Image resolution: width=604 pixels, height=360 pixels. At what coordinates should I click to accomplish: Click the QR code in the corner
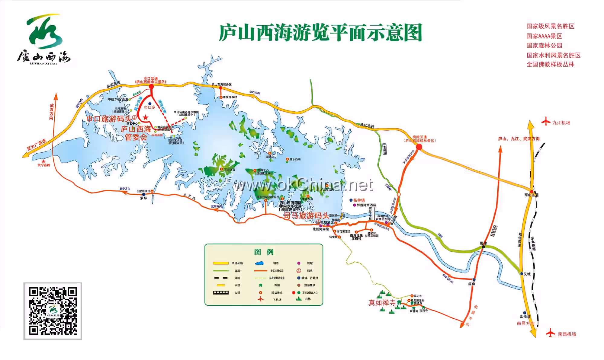point(53,311)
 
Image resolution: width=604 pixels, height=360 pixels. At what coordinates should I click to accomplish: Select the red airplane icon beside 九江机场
point(546,122)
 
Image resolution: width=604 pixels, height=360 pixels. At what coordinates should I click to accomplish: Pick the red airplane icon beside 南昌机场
point(551,333)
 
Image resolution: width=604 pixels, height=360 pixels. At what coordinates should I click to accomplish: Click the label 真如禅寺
point(382,303)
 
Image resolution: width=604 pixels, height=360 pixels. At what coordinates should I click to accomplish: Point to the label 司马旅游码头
point(306,215)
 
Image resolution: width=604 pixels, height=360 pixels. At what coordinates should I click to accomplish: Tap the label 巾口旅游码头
point(109,119)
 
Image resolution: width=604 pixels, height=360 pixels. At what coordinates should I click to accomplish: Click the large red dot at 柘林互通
point(419,147)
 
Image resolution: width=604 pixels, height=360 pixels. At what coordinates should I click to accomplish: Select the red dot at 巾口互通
point(151,87)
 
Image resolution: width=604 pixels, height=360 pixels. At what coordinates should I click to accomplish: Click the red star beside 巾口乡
point(146,117)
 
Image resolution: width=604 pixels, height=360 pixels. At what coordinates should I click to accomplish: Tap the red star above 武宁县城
point(43,161)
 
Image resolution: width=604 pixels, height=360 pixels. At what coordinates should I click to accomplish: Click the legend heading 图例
point(264,252)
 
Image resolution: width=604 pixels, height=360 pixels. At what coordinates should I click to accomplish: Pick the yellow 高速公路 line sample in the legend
point(221,263)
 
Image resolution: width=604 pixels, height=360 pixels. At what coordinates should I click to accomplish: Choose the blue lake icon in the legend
point(259,263)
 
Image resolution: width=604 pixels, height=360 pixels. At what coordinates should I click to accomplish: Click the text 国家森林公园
point(544,46)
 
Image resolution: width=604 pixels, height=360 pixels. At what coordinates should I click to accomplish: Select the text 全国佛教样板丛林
point(550,64)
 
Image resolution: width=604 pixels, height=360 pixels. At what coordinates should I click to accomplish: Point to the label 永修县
point(525,316)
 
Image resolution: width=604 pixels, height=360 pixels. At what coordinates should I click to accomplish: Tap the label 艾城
point(527,274)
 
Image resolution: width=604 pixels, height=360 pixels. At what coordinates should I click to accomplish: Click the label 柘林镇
point(359,200)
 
